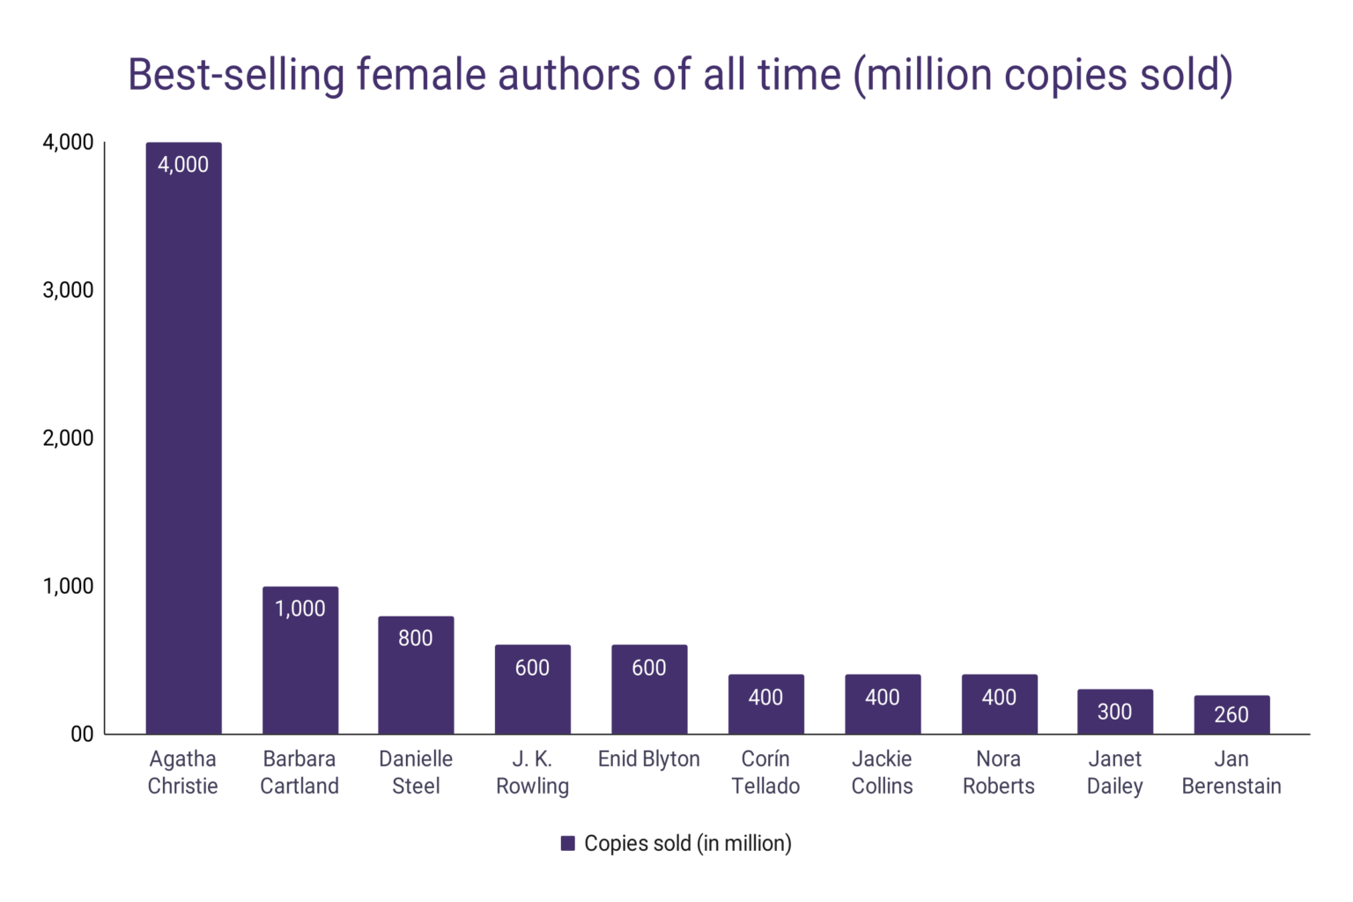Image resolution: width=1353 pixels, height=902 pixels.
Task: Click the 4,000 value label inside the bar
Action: point(183,165)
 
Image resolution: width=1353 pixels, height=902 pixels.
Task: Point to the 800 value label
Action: point(416,638)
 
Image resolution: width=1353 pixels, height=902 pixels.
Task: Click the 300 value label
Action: point(1114,712)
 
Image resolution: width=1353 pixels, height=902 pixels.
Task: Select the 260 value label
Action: point(1231,714)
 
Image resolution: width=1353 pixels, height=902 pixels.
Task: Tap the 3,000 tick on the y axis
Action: point(68,290)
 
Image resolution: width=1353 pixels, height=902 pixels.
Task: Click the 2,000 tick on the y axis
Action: point(68,438)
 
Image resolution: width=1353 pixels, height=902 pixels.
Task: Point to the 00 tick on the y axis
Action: point(82,734)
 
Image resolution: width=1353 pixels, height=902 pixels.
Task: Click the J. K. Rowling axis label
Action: point(532,773)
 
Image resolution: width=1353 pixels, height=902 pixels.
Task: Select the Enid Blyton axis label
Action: point(648,759)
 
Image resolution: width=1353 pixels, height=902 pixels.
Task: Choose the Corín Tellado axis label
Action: point(765,773)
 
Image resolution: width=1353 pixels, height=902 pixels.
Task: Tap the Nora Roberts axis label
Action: point(998,773)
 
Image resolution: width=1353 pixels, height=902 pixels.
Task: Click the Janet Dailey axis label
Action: point(1114,773)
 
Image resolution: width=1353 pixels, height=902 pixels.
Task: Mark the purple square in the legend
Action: point(568,844)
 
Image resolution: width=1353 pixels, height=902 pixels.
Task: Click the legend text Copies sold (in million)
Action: point(688,844)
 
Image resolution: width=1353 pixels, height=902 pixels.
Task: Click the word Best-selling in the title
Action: point(235,75)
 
